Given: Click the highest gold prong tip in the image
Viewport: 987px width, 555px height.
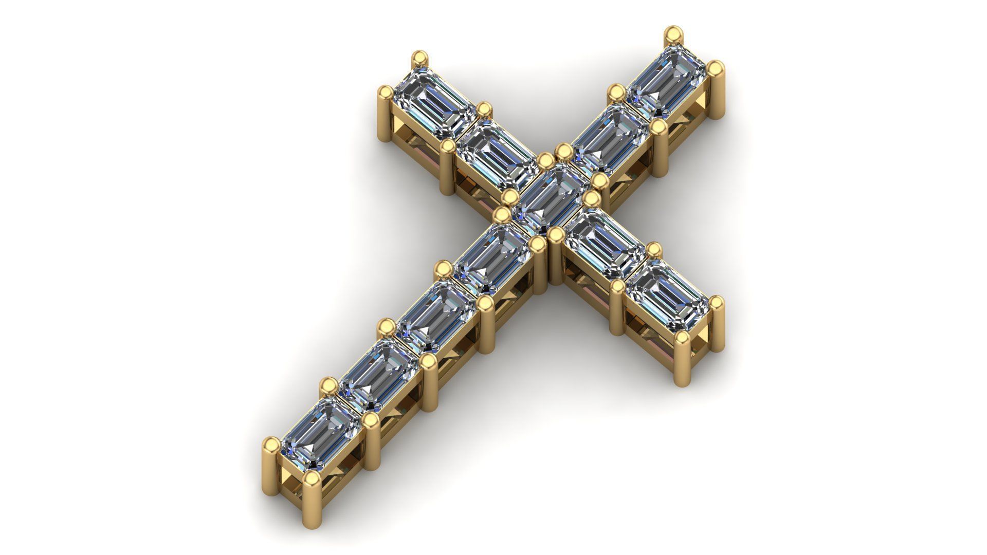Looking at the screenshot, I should click(673, 35).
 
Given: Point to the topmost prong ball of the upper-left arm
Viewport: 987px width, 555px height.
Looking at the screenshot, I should click(421, 57).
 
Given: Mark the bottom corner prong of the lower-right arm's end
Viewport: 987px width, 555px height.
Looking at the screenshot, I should click(683, 360).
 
